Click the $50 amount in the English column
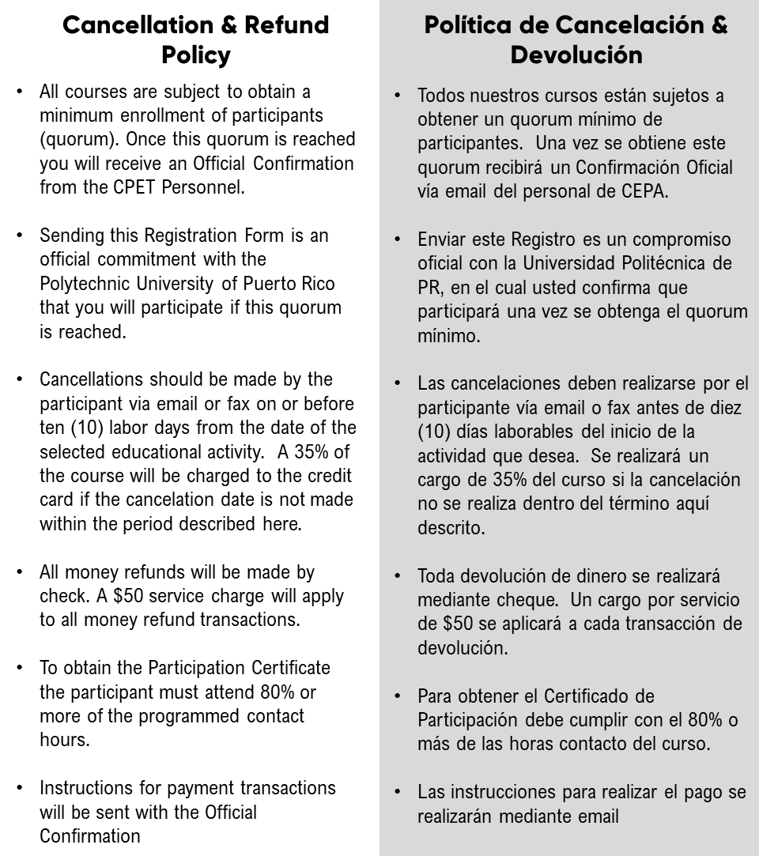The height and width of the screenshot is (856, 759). click(187, 595)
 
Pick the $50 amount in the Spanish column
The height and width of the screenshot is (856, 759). click(455, 624)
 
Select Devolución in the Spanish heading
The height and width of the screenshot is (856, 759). click(576, 55)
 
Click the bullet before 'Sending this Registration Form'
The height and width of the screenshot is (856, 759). click(20, 236)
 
